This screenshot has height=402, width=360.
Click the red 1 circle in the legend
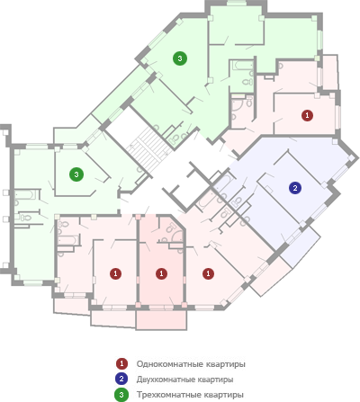click(x=121, y=363)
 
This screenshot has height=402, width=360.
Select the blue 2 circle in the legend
click(x=121, y=379)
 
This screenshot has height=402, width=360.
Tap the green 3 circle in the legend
click(x=121, y=395)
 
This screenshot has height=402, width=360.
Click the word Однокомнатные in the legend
click(x=170, y=364)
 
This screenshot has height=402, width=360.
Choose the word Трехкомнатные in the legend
click(x=169, y=395)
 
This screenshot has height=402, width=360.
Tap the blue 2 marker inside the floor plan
click(x=295, y=188)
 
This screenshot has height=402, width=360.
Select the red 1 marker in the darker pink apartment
click(x=161, y=273)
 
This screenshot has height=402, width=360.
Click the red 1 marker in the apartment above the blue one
click(x=307, y=115)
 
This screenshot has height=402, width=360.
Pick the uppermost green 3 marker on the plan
click(x=180, y=58)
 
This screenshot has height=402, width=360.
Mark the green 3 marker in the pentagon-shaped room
click(x=76, y=174)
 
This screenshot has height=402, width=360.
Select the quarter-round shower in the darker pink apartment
click(x=176, y=237)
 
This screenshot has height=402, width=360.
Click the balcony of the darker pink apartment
click(x=161, y=320)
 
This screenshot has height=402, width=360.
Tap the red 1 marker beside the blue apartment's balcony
click(x=208, y=273)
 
